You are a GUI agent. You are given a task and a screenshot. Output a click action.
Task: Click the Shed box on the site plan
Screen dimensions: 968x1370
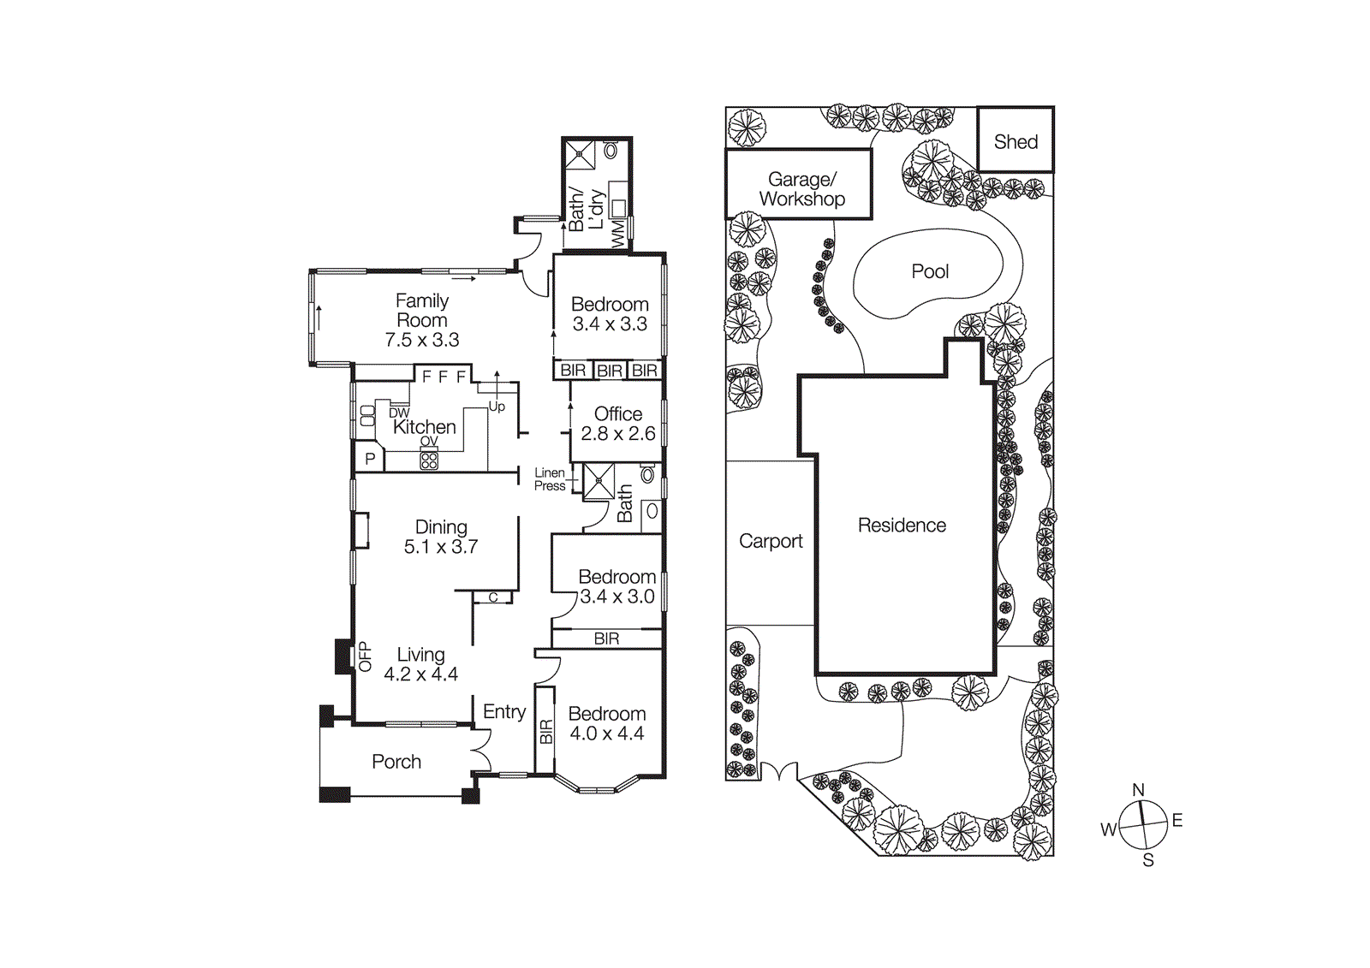click(1016, 140)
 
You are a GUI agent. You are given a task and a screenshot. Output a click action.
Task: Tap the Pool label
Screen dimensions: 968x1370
click(930, 271)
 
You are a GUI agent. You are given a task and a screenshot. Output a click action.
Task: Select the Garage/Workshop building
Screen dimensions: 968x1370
click(800, 185)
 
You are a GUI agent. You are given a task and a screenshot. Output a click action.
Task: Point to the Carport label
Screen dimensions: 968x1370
click(771, 541)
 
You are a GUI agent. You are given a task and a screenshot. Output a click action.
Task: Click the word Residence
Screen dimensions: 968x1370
click(902, 525)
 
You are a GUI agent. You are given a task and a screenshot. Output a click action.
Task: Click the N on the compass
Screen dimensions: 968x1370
click(1138, 789)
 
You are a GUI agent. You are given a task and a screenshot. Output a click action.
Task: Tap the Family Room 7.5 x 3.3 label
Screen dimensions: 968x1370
click(422, 320)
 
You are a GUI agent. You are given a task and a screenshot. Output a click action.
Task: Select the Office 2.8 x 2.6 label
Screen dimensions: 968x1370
click(617, 424)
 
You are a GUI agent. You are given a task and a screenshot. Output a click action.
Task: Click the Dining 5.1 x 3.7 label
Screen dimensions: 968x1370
click(441, 537)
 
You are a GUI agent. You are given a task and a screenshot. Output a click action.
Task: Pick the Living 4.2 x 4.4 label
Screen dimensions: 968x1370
click(420, 664)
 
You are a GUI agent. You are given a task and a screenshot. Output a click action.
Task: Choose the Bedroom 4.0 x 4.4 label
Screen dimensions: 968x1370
click(607, 723)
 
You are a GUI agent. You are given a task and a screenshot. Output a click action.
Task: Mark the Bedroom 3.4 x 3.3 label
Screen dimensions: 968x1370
click(610, 314)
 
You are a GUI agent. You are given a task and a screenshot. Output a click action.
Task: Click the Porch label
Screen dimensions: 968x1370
click(396, 762)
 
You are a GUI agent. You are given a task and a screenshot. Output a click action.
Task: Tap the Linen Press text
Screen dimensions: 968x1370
click(550, 479)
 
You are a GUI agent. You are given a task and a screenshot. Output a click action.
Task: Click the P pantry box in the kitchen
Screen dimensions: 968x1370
click(370, 459)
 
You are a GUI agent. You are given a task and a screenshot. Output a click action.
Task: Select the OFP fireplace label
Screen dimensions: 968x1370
click(365, 656)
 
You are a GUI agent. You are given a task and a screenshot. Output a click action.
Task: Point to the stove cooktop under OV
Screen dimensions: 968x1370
click(429, 460)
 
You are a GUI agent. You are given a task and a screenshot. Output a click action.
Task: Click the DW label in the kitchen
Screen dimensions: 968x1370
click(399, 413)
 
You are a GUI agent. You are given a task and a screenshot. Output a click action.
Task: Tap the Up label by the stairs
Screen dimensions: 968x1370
click(497, 407)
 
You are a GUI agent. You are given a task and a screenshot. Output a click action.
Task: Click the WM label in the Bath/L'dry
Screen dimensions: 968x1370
click(617, 234)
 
